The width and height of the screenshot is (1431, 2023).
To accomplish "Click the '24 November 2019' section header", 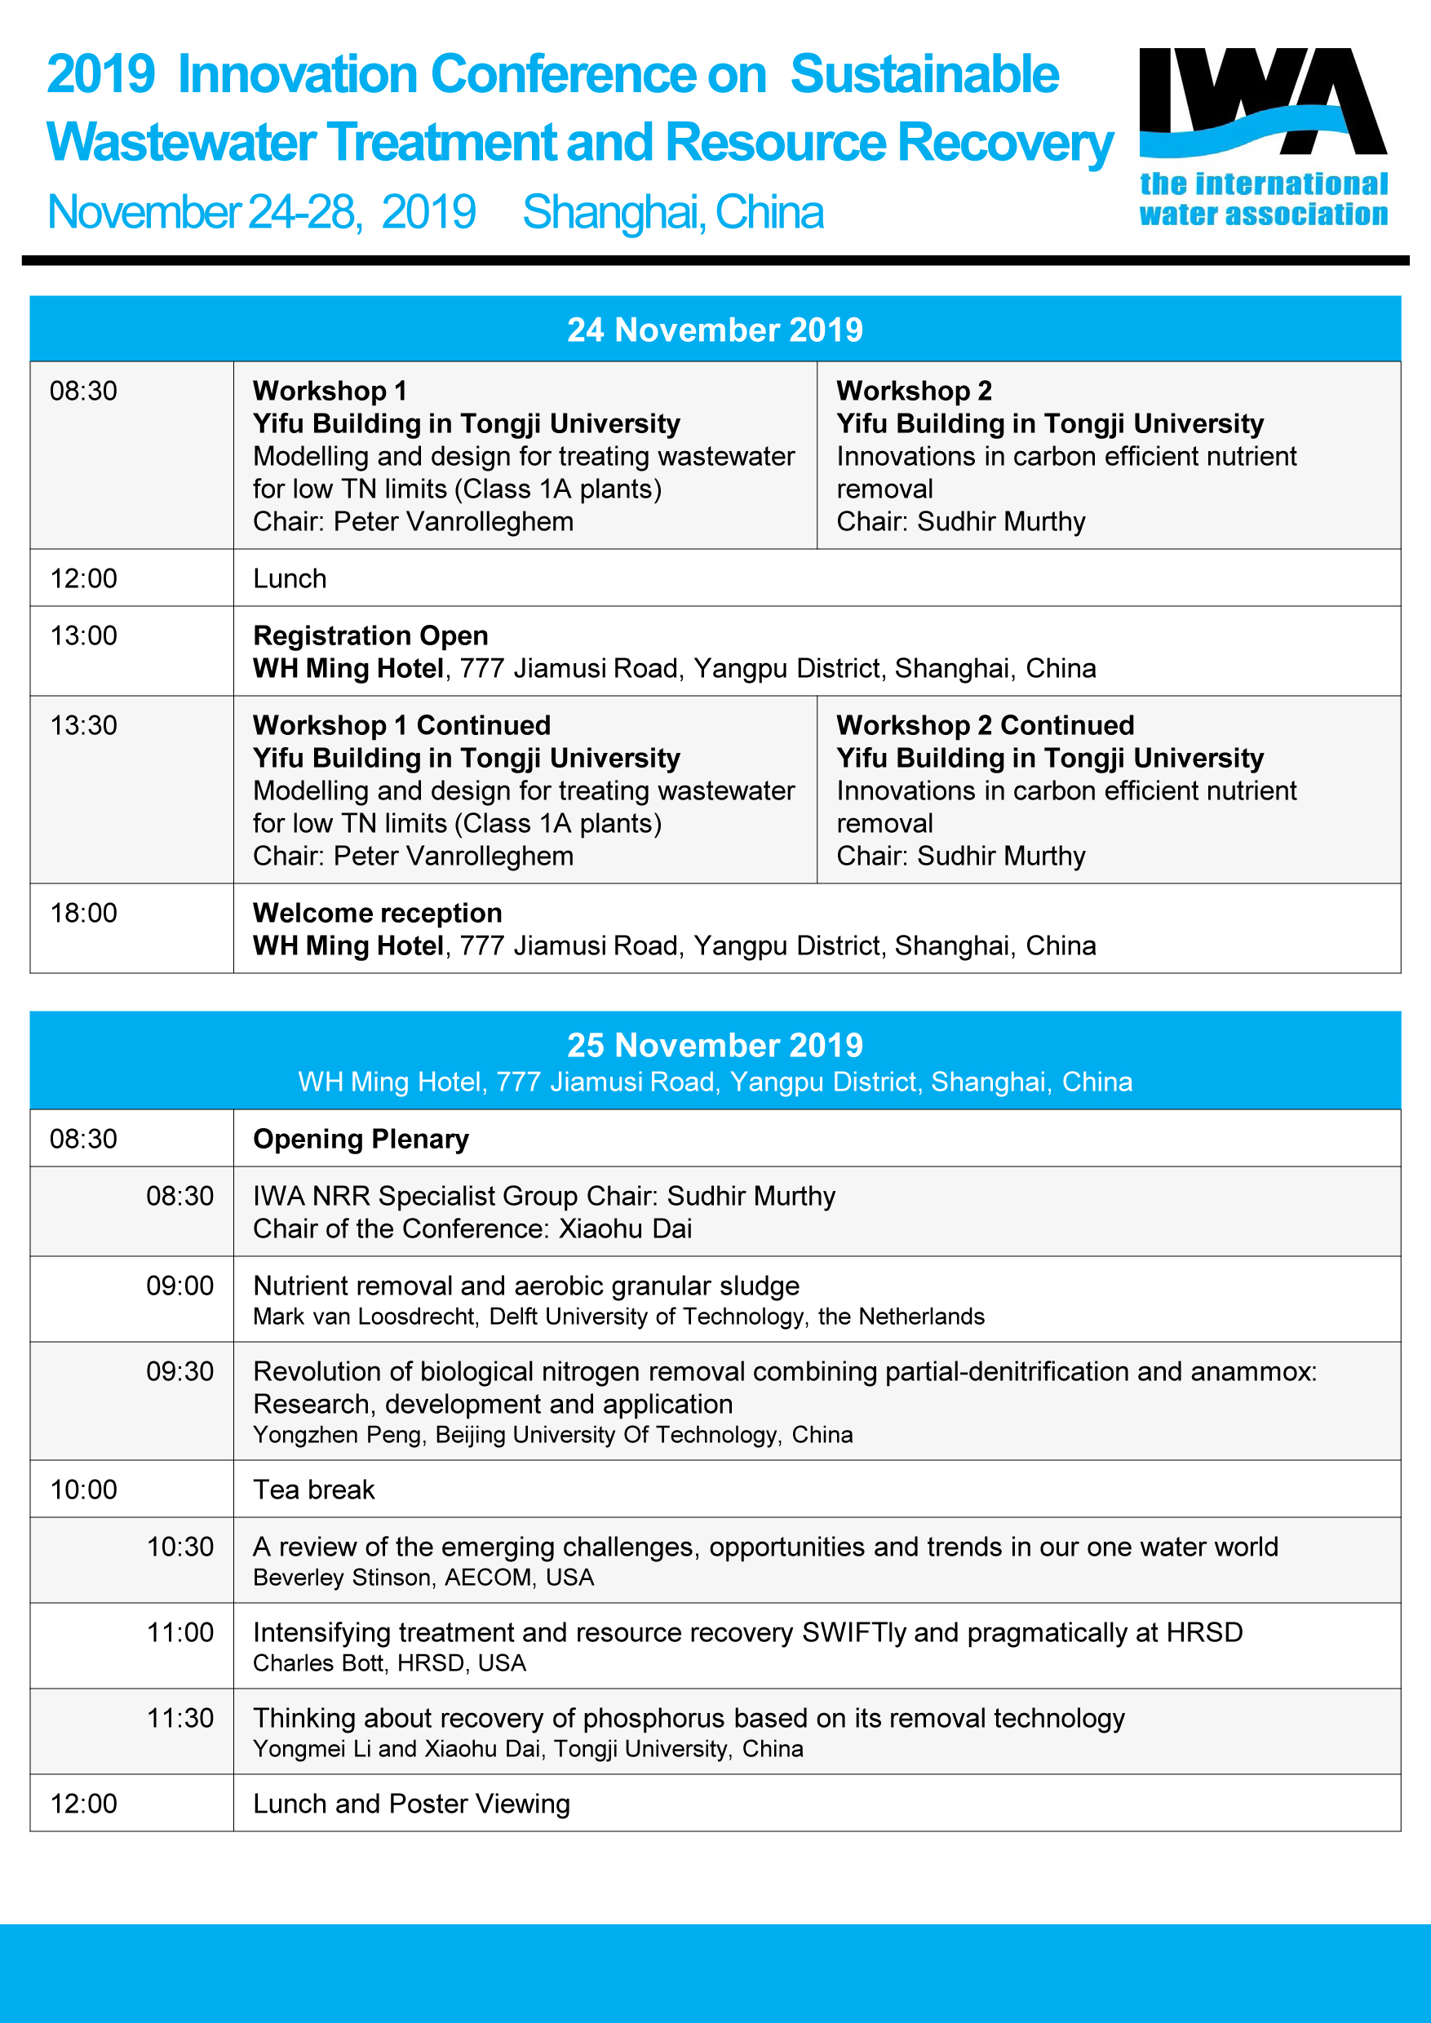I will pyautogui.click(x=715, y=330).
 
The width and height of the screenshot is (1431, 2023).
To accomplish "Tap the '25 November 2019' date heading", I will pyautogui.click(x=715, y=1045).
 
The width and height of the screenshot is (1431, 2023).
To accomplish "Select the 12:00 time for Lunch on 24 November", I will pyautogui.click(x=84, y=579).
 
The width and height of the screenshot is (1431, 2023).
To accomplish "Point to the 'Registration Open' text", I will pyautogui.click(x=370, y=635).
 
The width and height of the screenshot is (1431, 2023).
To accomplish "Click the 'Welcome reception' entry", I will pyautogui.click(x=377, y=913).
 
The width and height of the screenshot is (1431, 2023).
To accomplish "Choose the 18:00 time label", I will pyautogui.click(x=84, y=913).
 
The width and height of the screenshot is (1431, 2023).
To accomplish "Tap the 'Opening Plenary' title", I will pyautogui.click(x=361, y=1140).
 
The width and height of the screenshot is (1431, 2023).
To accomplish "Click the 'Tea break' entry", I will pyautogui.click(x=313, y=1490).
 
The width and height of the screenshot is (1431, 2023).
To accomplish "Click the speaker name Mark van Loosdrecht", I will pyautogui.click(x=365, y=1317).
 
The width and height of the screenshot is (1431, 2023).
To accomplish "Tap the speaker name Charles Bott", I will pyautogui.click(x=318, y=1662).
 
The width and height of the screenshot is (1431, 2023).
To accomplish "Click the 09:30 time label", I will pyautogui.click(x=179, y=1371).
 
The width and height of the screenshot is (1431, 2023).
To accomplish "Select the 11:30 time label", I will pyautogui.click(x=179, y=1717).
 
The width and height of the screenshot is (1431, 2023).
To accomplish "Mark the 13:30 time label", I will pyautogui.click(x=84, y=725).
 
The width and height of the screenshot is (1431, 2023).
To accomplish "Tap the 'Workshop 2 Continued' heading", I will pyautogui.click(x=985, y=725).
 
